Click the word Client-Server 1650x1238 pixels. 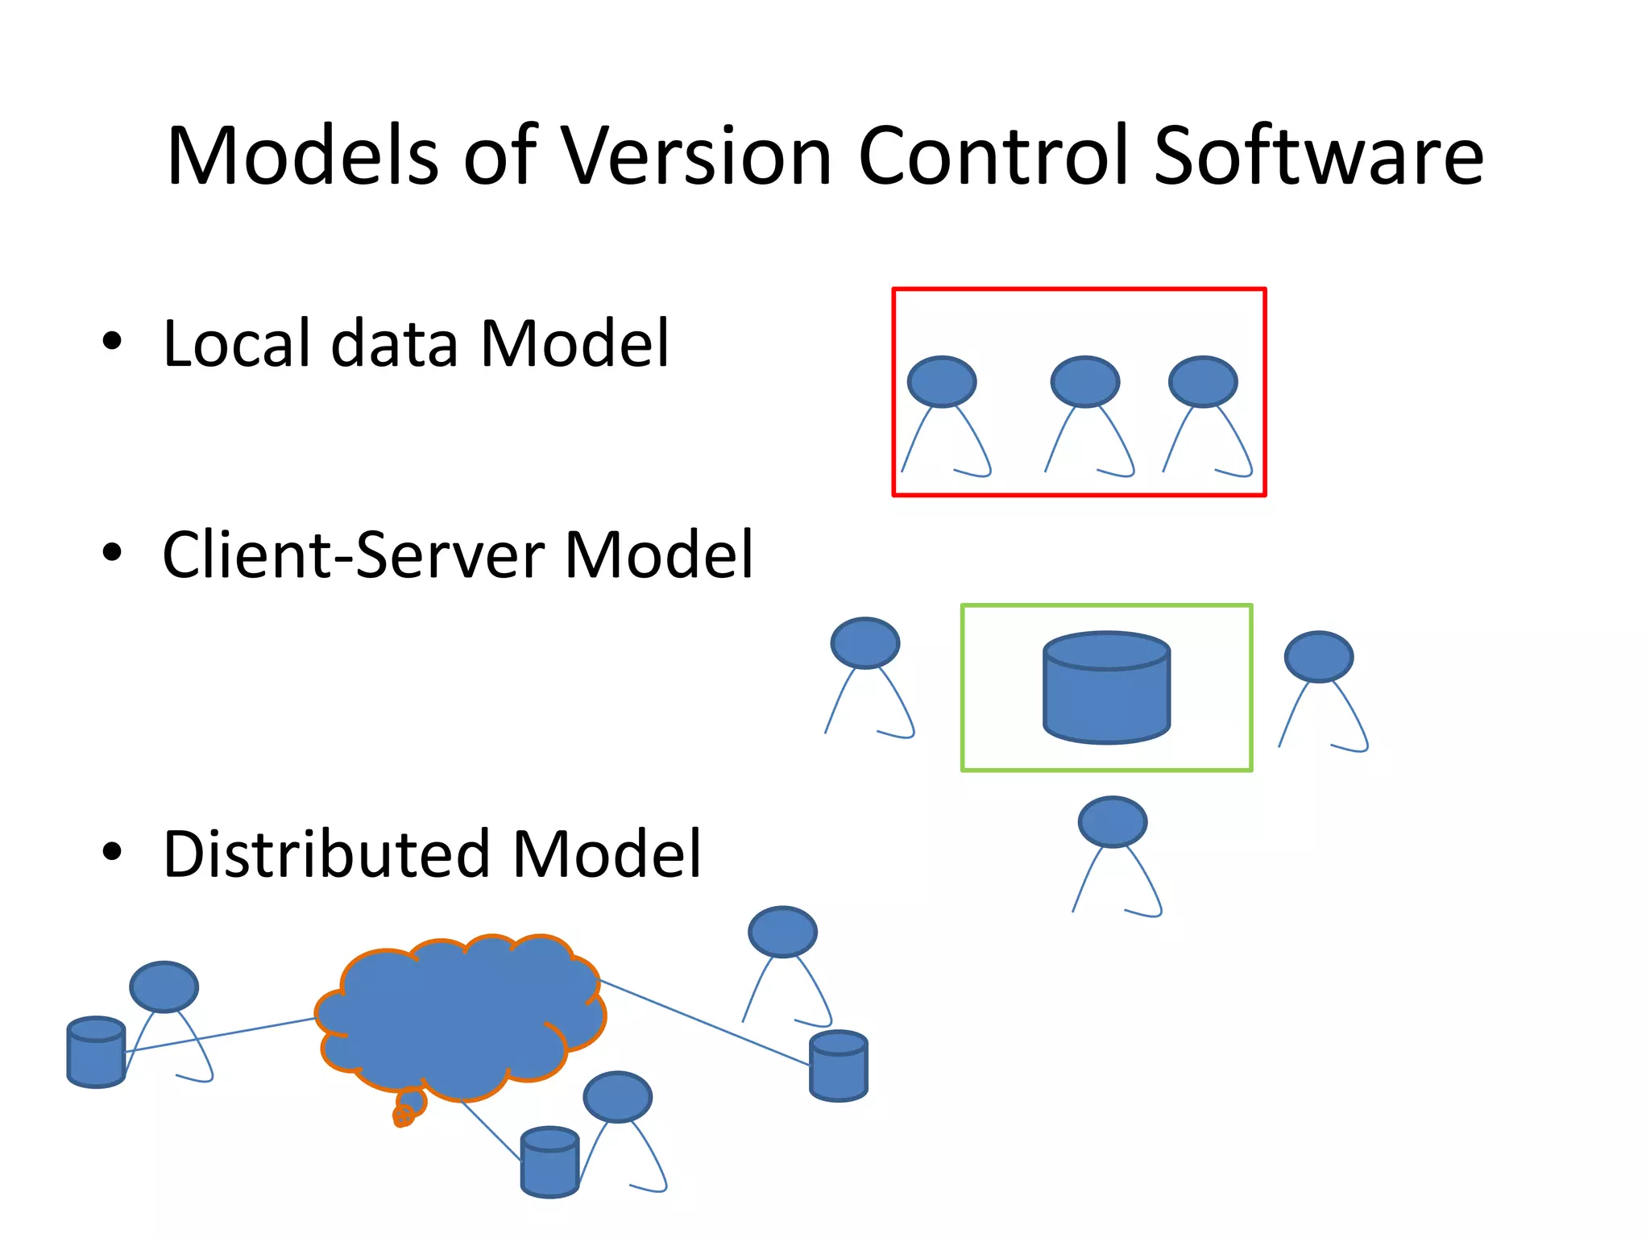click(x=354, y=555)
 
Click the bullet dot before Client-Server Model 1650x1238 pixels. click(x=112, y=553)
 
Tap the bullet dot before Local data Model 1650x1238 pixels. click(x=112, y=341)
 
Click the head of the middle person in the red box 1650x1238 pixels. click(x=1084, y=381)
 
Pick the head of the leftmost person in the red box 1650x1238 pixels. click(x=941, y=381)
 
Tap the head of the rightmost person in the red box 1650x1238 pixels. click(x=1202, y=381)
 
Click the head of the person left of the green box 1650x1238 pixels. click(x=864, y=643)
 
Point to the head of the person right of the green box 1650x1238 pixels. click(x=1318, y=657)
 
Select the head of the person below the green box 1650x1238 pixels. click(x=1112, y=822)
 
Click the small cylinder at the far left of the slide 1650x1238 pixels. click(x=96, y=1052)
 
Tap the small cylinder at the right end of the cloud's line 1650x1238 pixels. click(x=838, y=1066)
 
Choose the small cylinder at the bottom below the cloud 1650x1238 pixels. click(x=549, y=1161)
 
